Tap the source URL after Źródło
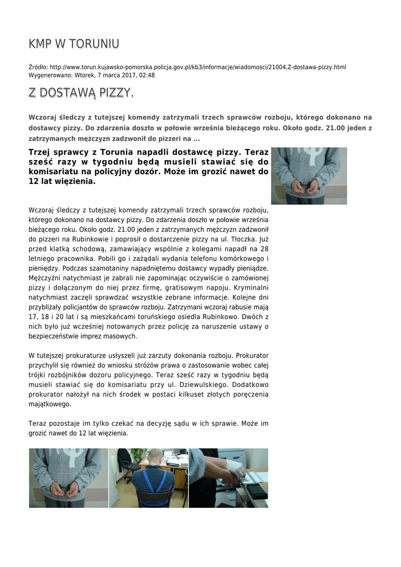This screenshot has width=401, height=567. click(197, 68)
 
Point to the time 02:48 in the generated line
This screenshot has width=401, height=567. click(147, 75)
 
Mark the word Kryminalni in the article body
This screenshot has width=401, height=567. click(251, 288)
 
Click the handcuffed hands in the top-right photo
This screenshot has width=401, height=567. click(305, 187)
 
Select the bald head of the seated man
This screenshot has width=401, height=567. click(157, 458)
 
